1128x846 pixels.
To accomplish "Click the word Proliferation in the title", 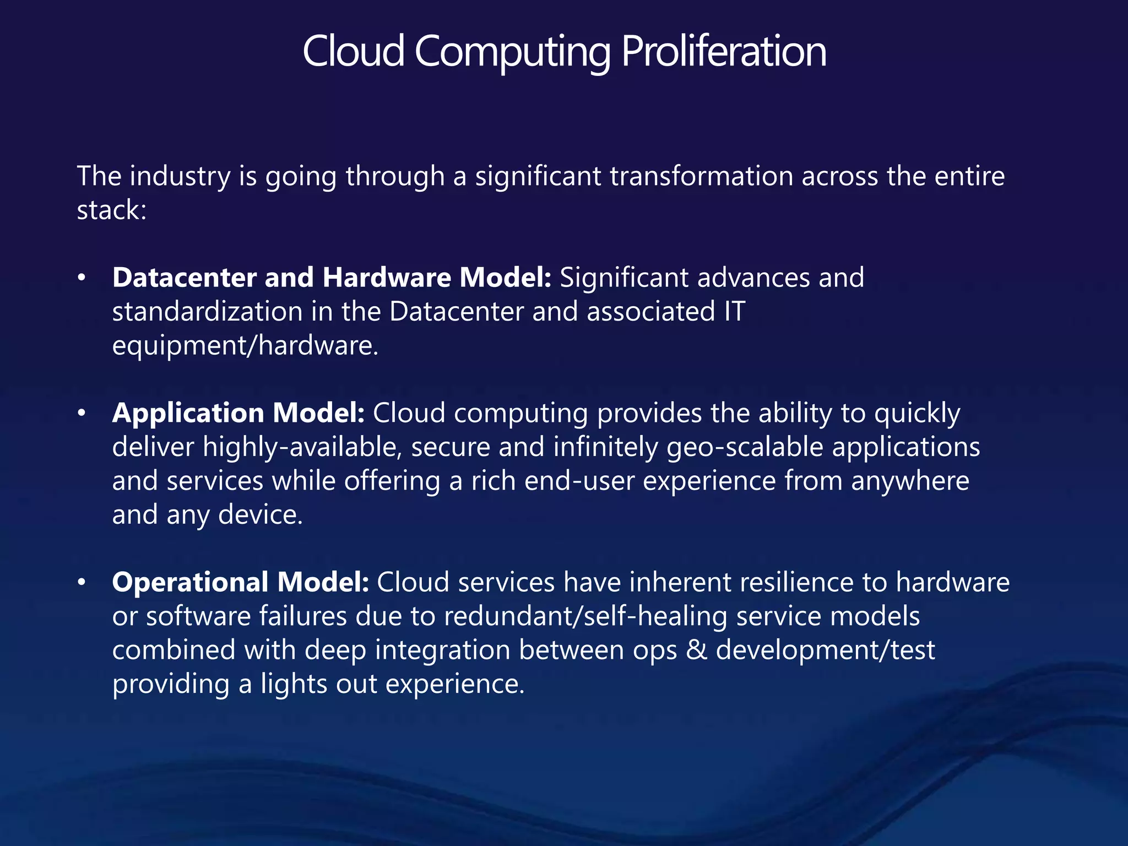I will pyautogui.click(x=724, y=51).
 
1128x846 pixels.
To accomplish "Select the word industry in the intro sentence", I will pyautogui.click(x=180, y=176).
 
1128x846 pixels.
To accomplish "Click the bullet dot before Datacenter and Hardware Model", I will pyautogui.click(x=82, y=278).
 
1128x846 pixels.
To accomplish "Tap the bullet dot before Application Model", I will pyautogui.click(x=82, y=413).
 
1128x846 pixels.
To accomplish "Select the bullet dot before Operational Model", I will pyautogui.click(x=82, y=582).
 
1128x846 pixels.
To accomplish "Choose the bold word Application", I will pyautogui.click(x=188, y=413).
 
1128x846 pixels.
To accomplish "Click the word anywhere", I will pyautogui.click(x=910, y=481).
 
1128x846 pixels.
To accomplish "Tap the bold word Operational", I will pyautogui.click(x=190, y=582).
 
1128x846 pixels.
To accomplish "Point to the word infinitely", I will pyautogui.click(x=605, y=447).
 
